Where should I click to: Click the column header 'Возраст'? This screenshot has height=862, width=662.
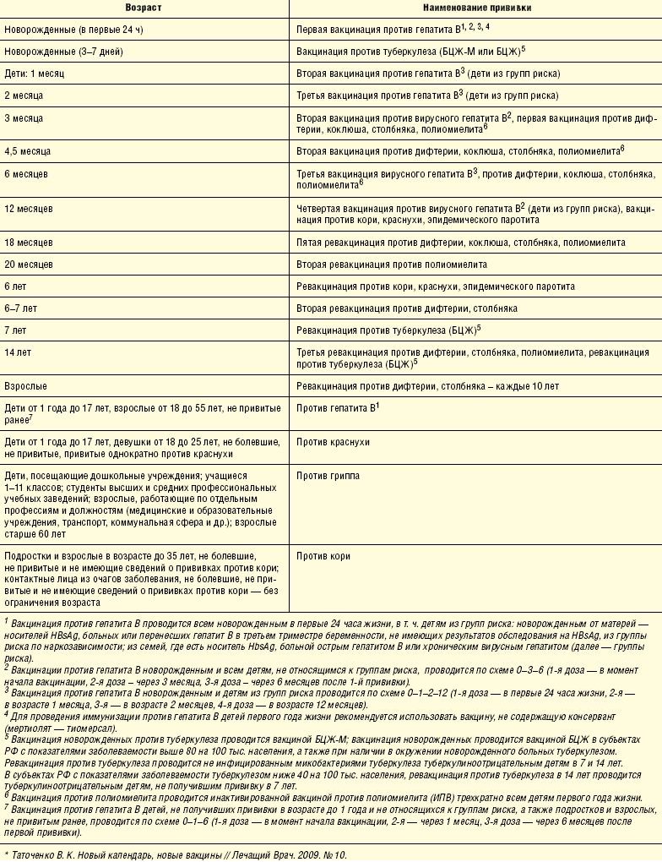144,8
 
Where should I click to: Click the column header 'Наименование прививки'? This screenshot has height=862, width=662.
475,8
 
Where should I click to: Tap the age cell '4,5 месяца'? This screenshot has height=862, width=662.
28,151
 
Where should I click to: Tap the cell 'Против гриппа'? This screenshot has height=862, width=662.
328,476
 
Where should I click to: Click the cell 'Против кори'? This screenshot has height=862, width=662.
323,556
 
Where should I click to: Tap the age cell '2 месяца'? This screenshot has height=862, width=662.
24,95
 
